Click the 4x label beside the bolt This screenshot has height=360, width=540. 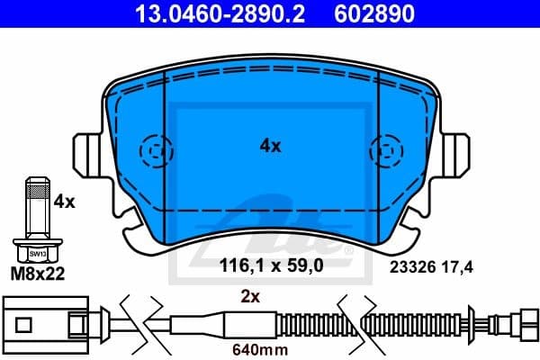coord(63,202)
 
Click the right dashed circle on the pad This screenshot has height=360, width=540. coord(386,148)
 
